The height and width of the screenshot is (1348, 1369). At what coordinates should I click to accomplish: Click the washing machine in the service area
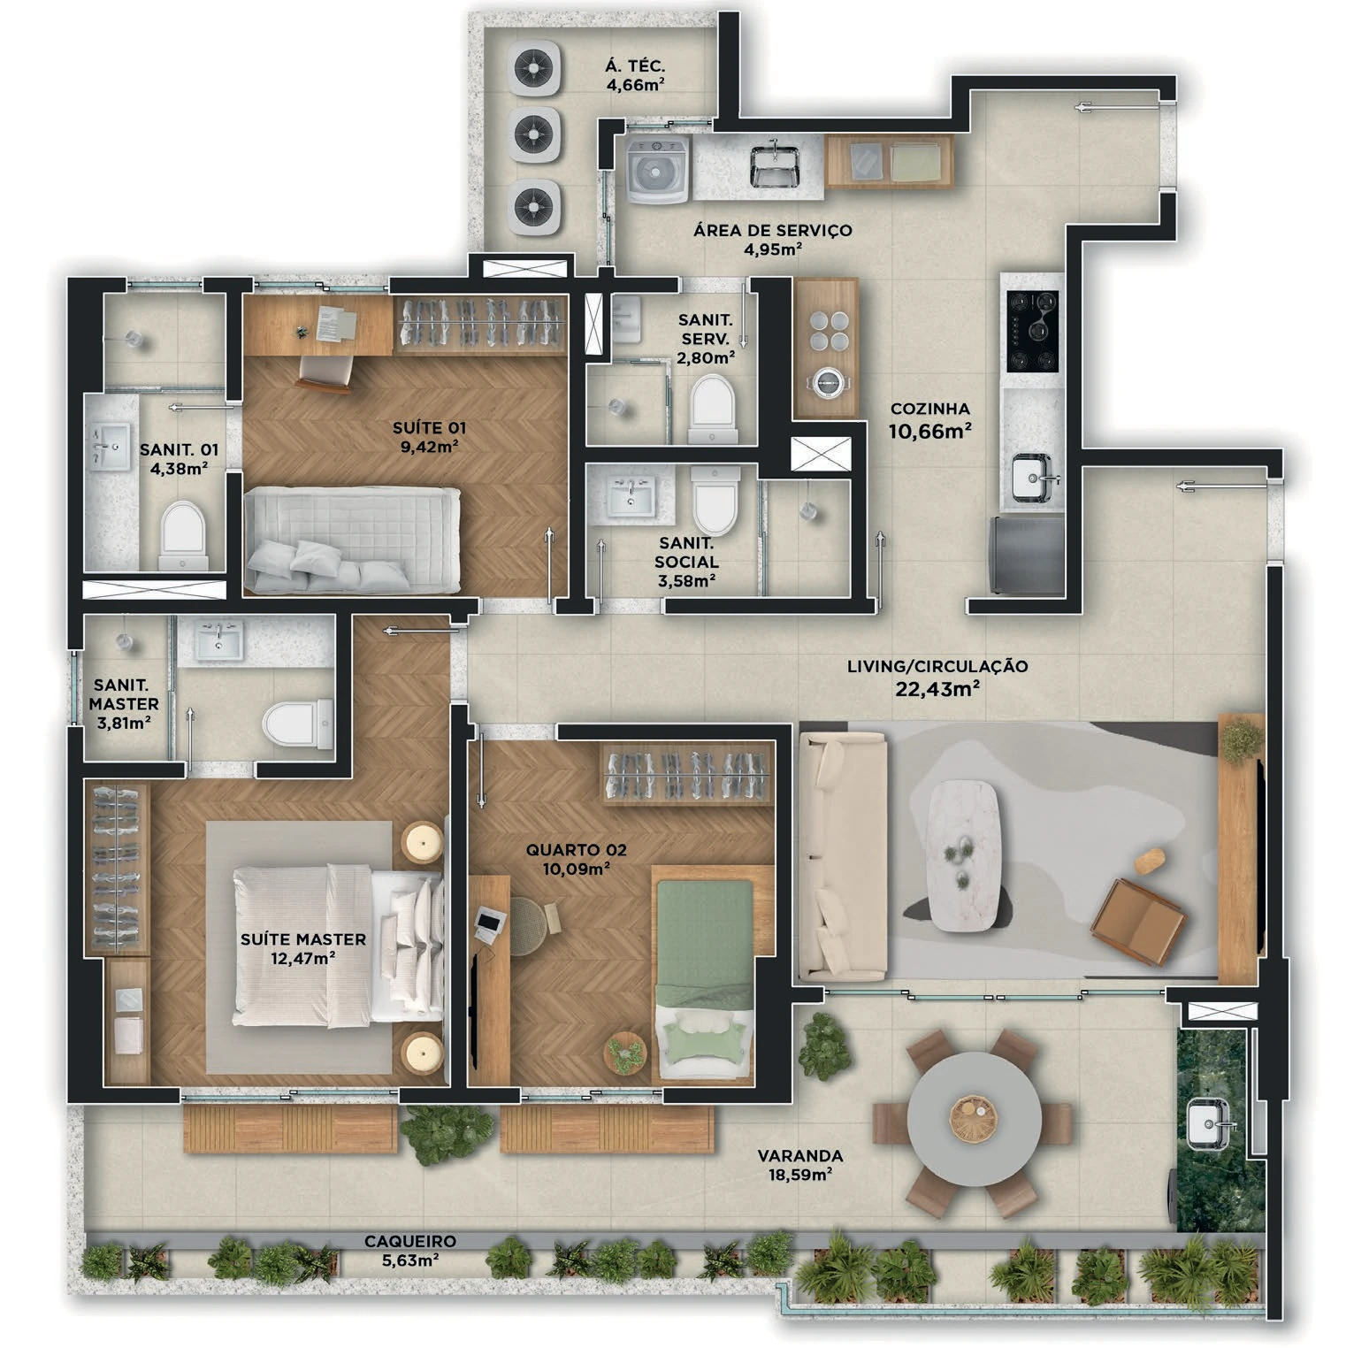(x=657, y=169)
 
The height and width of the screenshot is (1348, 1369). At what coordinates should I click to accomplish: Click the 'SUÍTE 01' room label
(x=429, y=428)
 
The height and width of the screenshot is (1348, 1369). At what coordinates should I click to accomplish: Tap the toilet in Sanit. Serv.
(x=712, y=410)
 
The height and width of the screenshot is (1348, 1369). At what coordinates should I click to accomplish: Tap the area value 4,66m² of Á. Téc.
(x=635, y=86)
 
